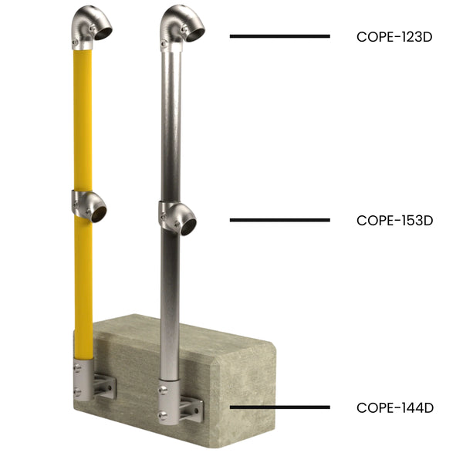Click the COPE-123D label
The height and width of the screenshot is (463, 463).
tap(394, 35)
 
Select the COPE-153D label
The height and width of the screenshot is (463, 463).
tap(394, 220)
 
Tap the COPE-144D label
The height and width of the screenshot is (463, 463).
tap(394, 407)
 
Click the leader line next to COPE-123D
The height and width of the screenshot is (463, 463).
tap(279, 35)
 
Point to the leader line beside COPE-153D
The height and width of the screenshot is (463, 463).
tap(279, 220)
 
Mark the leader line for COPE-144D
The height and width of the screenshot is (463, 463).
tap(279, 407)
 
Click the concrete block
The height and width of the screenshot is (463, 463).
tap(231, 363)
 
